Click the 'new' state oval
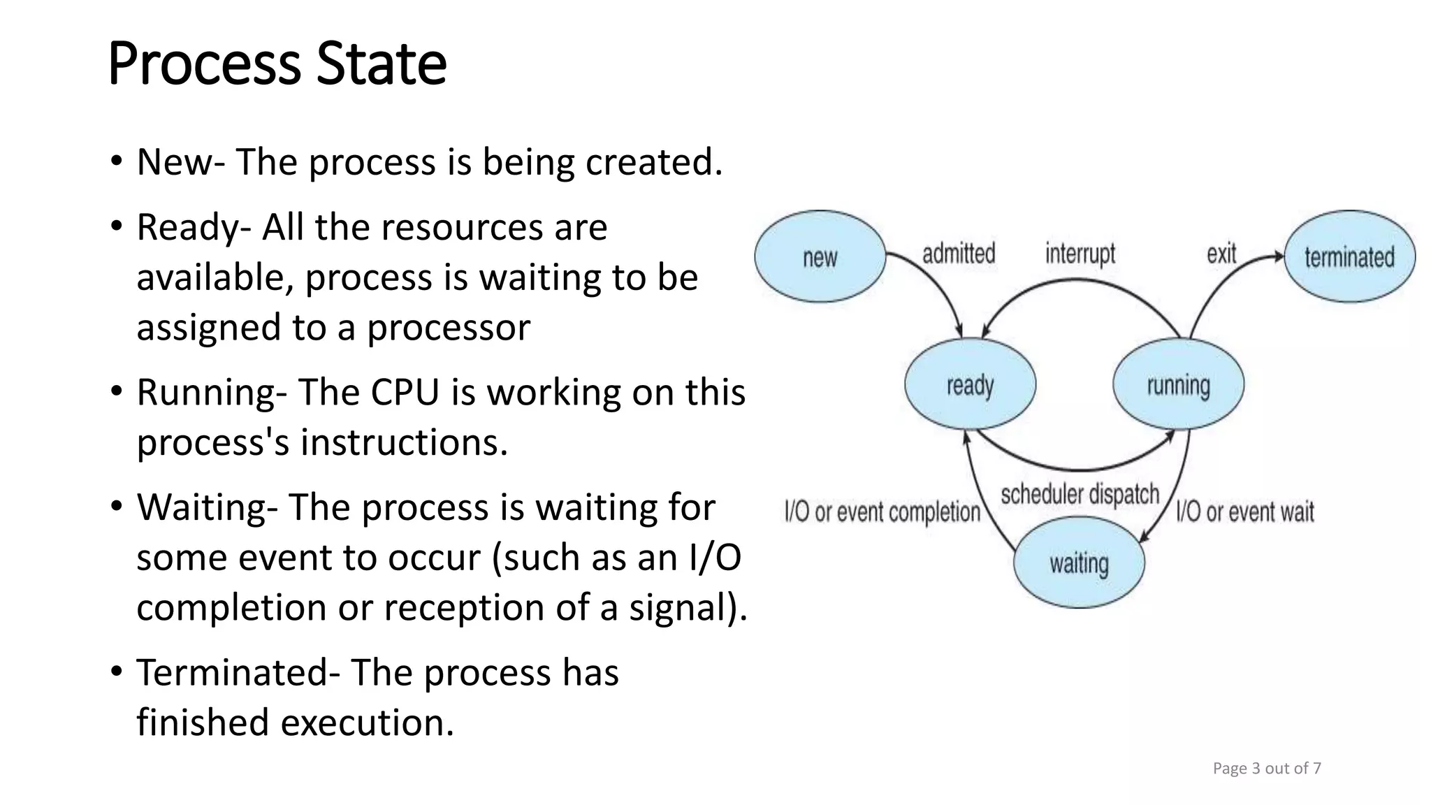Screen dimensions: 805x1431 coord(820,257)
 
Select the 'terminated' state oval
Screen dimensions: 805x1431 coord(1349,257)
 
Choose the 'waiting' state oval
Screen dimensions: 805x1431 coord(1079,563)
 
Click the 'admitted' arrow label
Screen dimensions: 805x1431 coord(959,254)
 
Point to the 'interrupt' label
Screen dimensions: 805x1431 coord(1080,254)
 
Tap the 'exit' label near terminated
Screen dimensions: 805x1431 coord(1221,254)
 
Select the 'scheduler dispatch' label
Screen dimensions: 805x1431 coord(1080,495)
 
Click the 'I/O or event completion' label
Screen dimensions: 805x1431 coord(882,512)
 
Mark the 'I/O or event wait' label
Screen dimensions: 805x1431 coord(1244,512)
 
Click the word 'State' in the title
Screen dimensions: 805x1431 coord(381,64)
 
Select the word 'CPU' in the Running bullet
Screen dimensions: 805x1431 coord(405,392)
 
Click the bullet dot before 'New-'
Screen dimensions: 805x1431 coord(117,161)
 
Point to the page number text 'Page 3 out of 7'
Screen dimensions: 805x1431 coord(1267,769)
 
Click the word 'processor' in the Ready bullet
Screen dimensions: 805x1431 coord(449,328)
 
